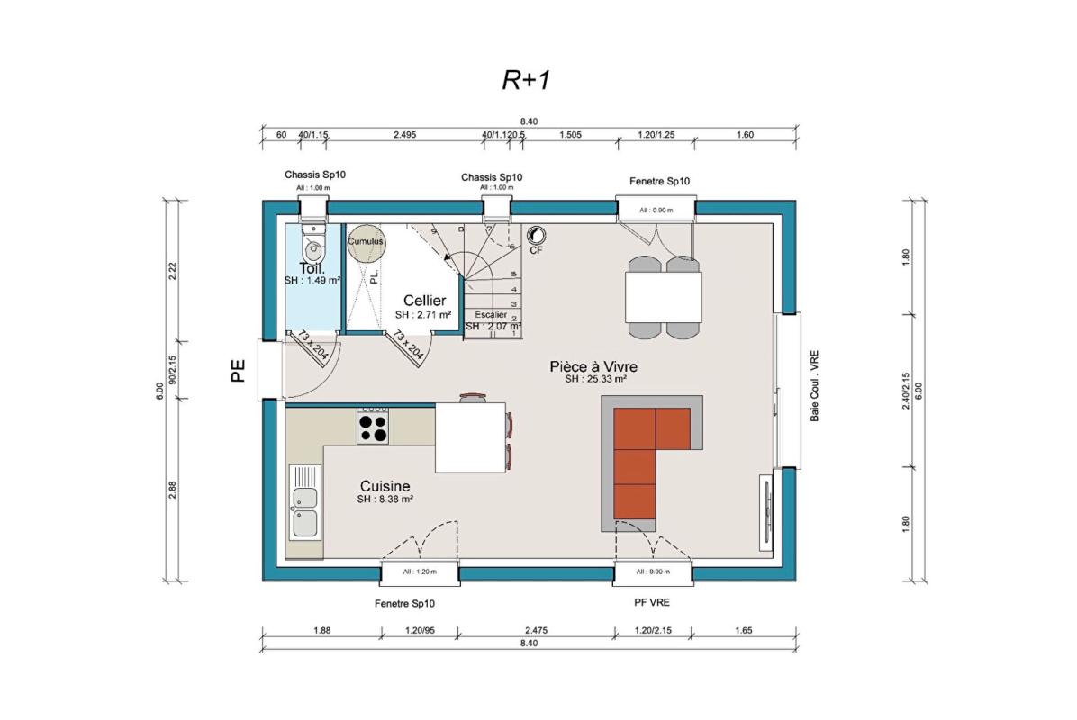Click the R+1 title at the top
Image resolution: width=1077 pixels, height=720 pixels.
click(526, 80)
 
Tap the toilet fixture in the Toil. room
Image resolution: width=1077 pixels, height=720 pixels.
click(312, 244)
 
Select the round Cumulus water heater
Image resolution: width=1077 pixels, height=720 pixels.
click(366, 242)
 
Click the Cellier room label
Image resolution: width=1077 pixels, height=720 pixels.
click(424, 300)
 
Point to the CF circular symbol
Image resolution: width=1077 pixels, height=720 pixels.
click(536, 235)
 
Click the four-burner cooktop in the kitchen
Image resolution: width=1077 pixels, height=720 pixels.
click(373, 425)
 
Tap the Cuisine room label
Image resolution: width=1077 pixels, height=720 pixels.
click(384, 486)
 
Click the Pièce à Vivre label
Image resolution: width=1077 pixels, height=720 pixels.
click(594, 366)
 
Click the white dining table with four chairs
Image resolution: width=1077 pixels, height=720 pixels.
click(664, 296)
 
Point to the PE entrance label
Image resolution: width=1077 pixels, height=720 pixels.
click(238, 371)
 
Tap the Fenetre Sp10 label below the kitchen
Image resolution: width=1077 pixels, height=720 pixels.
click(405, 603)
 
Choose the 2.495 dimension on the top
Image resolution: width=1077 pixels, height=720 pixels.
click(404, 134)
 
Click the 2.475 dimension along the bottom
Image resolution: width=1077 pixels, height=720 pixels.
click(538, 630)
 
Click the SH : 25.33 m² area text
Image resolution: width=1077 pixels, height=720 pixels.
click(595, 380)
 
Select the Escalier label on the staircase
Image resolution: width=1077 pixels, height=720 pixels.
click(492, 314)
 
